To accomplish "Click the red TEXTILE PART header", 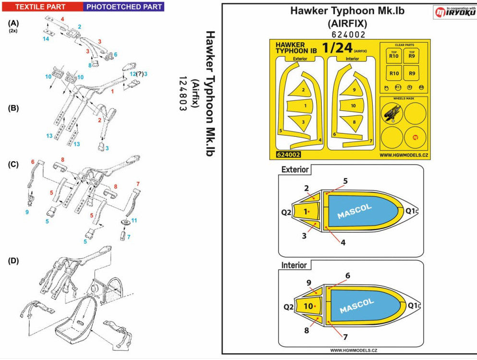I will (42, 7).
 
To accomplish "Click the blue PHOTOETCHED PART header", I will (123, 7).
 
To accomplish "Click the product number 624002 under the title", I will (349, 35).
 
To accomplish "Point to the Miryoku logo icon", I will (440, 12).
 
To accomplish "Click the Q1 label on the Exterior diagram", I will (412, 210).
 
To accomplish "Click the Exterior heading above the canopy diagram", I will (295, 169).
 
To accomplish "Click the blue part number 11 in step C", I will (134, 220).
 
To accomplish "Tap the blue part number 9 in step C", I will (27, 211).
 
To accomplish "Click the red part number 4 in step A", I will (62, 19).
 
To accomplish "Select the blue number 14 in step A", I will (46, 38).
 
